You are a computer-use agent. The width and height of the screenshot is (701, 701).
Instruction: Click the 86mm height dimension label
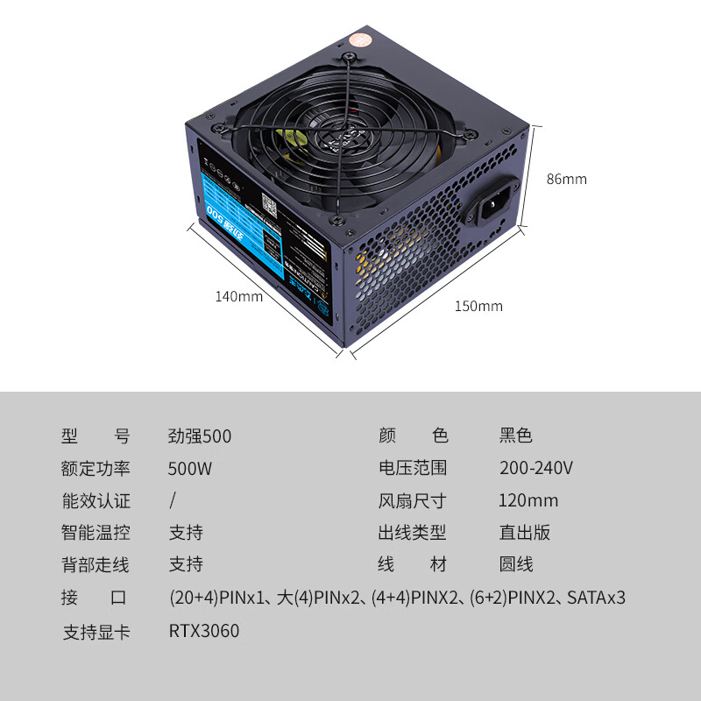566,179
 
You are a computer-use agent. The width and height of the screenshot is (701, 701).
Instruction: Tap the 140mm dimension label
238,296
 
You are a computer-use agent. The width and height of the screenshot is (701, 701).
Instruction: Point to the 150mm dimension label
478,306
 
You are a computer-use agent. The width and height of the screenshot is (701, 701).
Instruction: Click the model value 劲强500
200,435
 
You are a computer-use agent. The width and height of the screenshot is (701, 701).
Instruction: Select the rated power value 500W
190,468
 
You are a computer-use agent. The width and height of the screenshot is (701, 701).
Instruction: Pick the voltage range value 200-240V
536,468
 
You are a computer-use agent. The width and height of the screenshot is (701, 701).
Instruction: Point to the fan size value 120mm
528,500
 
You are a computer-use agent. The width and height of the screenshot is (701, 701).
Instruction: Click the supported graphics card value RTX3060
204,631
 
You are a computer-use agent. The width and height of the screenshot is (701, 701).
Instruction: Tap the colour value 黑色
516,435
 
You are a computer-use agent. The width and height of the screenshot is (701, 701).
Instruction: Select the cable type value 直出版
525,533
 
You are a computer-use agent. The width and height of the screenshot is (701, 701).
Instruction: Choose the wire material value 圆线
516,565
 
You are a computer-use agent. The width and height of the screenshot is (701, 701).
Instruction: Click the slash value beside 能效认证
173,500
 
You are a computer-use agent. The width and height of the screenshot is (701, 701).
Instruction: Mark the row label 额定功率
96,468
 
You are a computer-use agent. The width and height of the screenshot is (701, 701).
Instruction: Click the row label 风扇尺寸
412,500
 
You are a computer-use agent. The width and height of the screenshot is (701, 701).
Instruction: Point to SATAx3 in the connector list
596,598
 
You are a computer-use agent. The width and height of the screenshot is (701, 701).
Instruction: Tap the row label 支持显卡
96,631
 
